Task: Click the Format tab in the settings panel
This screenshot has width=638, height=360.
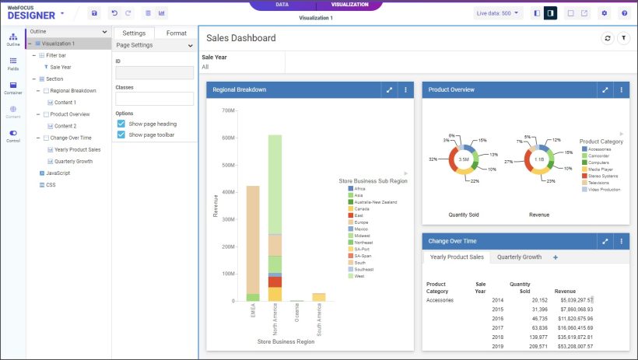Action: click(x=176, y=33)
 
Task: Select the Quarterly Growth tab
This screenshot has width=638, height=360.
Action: click(x=519, y=257)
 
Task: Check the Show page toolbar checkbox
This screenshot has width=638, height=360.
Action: click(x=121, y=135)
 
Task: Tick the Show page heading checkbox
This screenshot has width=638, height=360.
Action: click(x=121, y=124)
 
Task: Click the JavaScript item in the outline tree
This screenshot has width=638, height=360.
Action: click(x=58, y=173)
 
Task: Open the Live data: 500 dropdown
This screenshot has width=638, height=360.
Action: click(x=499, y=13)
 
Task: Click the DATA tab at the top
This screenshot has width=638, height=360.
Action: click(x=282, y=5)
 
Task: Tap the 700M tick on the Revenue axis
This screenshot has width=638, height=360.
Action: click(x=228, y=110)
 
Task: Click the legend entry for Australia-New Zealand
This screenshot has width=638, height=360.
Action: click(x=376, y=202)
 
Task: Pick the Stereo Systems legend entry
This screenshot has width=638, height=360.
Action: click(x=605, y=176)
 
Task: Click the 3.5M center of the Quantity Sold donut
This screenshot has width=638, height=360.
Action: click(x=464, y=159)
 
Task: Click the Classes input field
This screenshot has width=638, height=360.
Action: click(x=154, y=99)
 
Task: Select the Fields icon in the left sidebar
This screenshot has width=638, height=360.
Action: click(x=13, y=63)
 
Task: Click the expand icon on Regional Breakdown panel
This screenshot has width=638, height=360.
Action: click(x=389, y=90)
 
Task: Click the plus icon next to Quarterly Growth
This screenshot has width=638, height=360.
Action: click(x=555, y=257)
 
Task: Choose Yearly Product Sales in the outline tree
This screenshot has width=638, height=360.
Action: click(x=77, y=149)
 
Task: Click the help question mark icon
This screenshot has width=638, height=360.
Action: click(x=624, y=13)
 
